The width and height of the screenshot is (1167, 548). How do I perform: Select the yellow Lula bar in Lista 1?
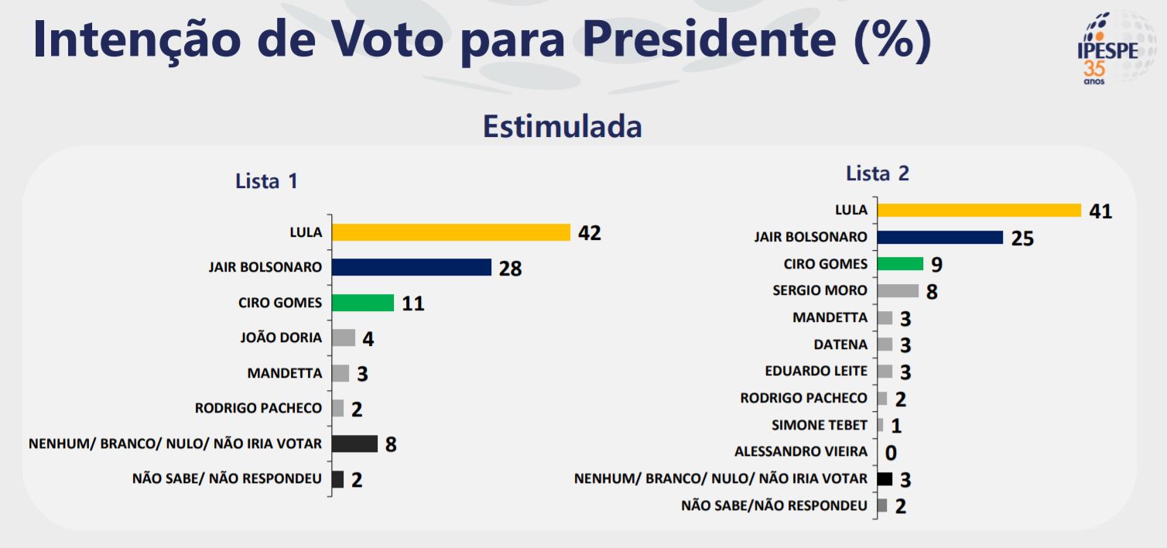click(x=450, y=232)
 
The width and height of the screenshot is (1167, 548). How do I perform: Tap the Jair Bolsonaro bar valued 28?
click(x=411, y=267)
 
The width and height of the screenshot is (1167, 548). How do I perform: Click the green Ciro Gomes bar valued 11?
click(x=362, y=303)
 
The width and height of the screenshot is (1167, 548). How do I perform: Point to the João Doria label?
click(x=282, y=337)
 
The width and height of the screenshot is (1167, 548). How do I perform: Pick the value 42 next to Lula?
click(x=589, y=233)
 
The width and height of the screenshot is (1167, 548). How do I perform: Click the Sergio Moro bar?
click(x=898, y=291)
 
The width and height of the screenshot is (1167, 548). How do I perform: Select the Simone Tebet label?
click(x=820, y=425)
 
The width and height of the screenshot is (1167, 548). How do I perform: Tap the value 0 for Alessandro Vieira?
click(x=891, y=453)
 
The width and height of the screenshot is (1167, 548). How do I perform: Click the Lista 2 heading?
click(x=878, y=173)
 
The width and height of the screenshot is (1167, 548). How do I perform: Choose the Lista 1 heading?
click(x=266, y=181)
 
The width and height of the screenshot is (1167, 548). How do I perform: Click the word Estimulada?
click(x=562, y=126)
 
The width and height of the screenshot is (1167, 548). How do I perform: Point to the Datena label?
click(x=840, y=344)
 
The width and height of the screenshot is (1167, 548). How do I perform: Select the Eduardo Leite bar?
click(x=885, y=372)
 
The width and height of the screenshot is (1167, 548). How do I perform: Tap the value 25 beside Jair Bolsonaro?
click(x=1022, y=238)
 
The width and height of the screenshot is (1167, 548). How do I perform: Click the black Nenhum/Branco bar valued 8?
click(x=354, y=444)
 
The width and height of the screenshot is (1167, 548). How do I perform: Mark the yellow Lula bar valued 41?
click(x=979, y=210)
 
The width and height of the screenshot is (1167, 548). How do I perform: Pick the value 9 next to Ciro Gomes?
click(x=936, y=265)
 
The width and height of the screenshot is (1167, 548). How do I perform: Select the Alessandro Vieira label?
click(x=801, y=452)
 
